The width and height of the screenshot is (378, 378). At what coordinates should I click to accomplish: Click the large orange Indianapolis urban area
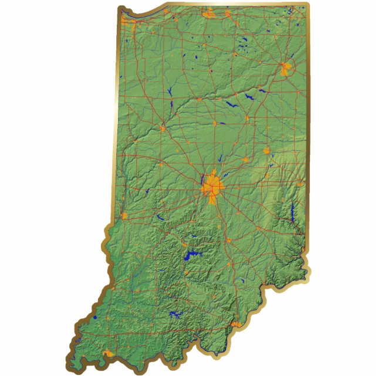point(212,186)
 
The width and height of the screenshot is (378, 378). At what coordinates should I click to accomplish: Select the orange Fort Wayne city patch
point(286,69)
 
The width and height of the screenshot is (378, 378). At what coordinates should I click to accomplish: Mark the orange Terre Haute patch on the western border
point(124,216)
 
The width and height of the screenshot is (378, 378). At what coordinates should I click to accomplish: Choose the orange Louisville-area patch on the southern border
point(235,324)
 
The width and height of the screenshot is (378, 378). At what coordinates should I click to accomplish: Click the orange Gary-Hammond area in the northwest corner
point(133,23)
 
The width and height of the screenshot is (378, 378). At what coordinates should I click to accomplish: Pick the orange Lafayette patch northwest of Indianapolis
point(163,128)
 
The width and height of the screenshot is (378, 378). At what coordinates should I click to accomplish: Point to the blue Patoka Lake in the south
point(176,314)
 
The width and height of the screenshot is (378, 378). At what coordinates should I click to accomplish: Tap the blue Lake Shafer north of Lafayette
point(170,92)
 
